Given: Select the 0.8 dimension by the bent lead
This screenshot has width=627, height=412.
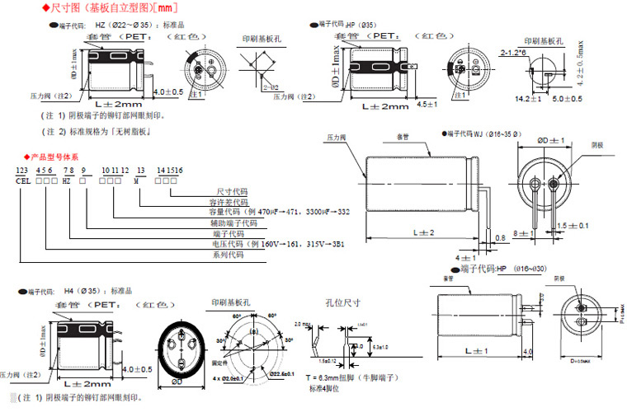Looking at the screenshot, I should (502, 239).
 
